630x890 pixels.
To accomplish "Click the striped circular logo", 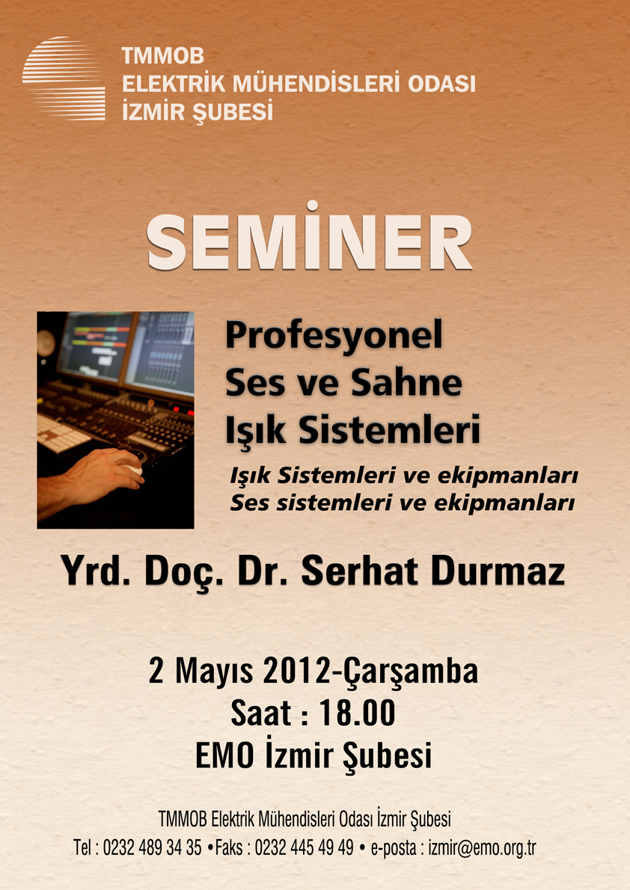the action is click(64, 79).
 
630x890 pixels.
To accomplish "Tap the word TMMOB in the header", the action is click(163, 56).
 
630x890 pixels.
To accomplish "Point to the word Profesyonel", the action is click(334, 336).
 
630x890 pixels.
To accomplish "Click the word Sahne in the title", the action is click(406, 383).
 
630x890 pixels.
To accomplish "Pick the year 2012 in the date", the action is click(296, 672).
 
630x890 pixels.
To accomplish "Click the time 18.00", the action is click(358, 713).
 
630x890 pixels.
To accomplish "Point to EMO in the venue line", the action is click(224, 756).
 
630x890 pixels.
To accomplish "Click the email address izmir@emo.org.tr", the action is click(482, 848).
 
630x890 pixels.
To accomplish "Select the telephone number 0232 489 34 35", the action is click(152, 848).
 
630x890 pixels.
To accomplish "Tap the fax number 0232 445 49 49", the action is click(304, 848).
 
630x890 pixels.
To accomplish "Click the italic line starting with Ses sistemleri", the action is click(403, 503).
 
